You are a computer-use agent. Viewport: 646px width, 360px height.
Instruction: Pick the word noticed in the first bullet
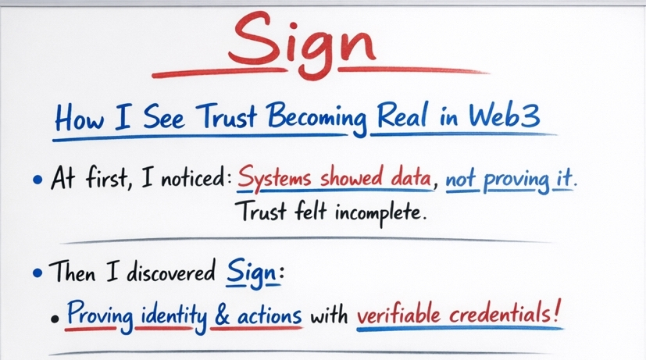194,179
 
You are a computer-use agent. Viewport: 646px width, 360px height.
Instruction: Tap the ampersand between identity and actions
223,318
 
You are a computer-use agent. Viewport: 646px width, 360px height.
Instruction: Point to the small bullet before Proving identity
54,320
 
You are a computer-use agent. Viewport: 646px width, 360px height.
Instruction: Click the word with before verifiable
329,318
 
